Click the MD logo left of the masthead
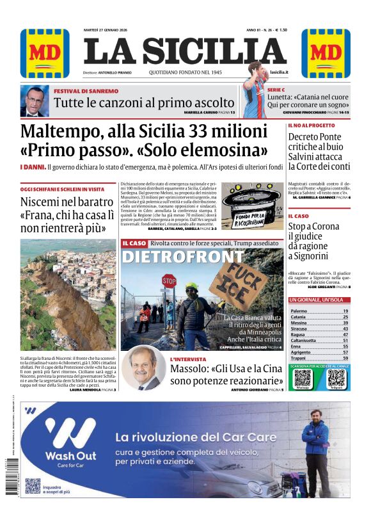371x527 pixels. pyautogui.click(x=45, y=53)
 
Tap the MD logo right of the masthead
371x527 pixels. pyautogui.click(x=326, y=53)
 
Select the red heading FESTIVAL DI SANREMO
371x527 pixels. pyautogui.click(x=86, y=92)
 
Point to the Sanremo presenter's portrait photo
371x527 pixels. pyautogui.click(x=35, y=102)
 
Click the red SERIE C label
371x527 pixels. pyautogui.click(x=276, y=90)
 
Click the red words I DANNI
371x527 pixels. pyautogui.click(x=33, y=167)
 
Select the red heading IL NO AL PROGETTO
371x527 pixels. pyautogui.click(x=311, y=126)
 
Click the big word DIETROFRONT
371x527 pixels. pyautogui.click(x=182, y=257)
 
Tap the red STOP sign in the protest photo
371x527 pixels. pyautogui.click(x=169, y=280)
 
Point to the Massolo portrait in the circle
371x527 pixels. pyautogui.click(x=143, y=368)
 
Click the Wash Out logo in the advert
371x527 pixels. pyautogui.click(x=70, y=442)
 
